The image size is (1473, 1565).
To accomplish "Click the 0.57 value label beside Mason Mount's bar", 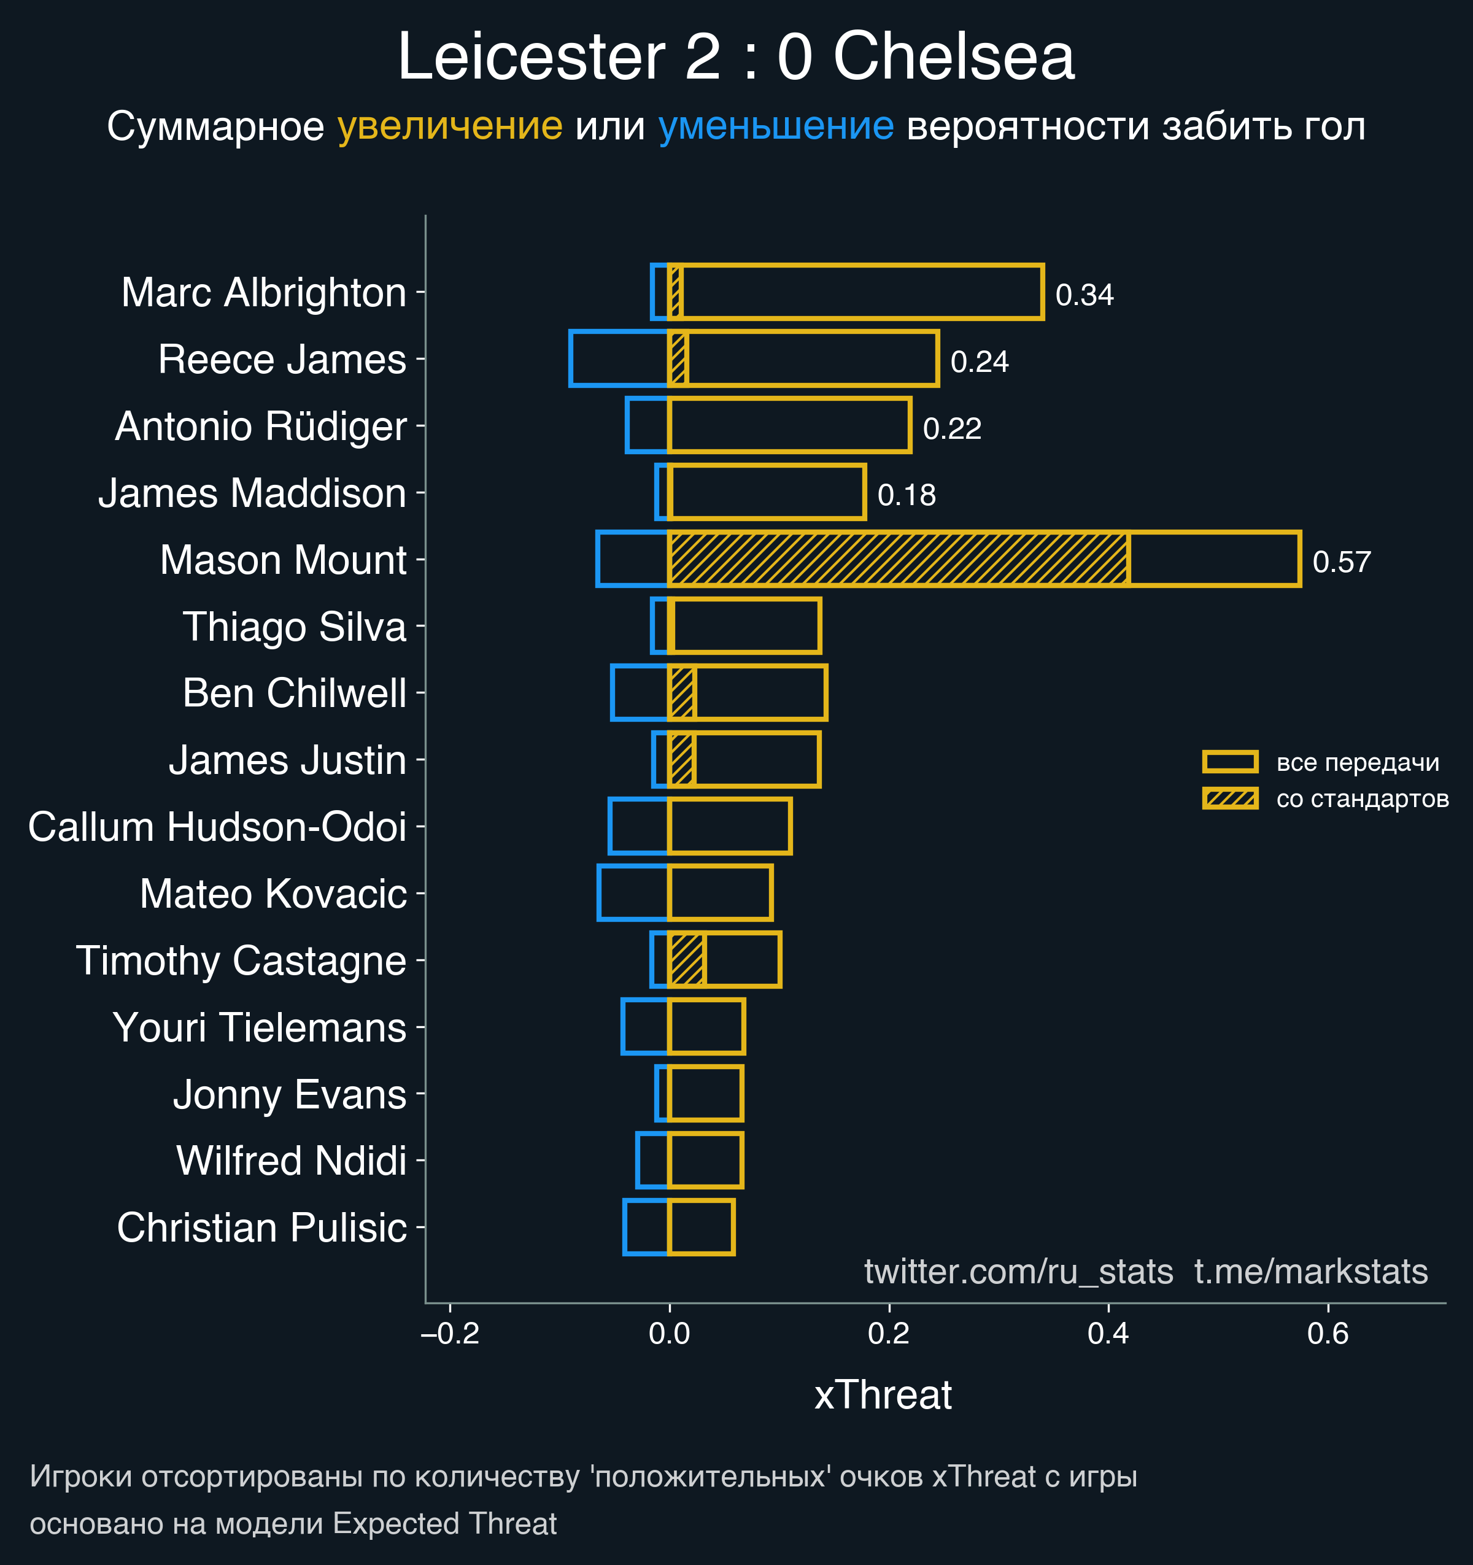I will click(1342, 562).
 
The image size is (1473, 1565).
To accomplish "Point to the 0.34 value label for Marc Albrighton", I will click(1084, 295).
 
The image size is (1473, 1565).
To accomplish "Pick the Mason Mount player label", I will click(283, 560).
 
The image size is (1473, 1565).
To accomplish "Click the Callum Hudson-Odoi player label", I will click(217, 827).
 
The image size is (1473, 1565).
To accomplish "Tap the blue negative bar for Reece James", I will click(619, 359).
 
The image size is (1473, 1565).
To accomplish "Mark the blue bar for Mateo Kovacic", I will click(633, 893).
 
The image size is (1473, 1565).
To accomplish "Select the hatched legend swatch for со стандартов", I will click(1230, 798).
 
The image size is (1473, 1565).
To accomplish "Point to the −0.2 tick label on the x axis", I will click(450, 1334).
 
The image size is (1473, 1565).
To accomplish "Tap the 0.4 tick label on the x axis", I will click(1108, 1334).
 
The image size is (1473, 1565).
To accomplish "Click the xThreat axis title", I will click(883, 1395).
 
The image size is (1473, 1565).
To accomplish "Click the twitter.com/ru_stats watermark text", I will click(1018, 1272).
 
